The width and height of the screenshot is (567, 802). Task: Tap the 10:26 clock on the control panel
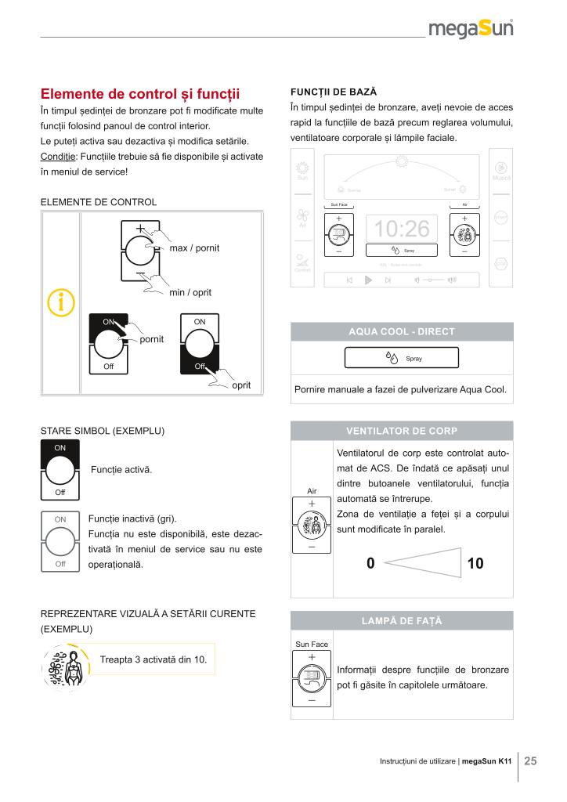point(402,229)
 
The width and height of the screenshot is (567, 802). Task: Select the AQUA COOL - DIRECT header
point(402,331)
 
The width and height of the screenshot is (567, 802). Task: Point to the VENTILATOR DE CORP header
point(402,431)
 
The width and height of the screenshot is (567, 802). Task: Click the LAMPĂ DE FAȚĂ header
point(402,620)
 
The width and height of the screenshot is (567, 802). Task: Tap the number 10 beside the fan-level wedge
point(475,562)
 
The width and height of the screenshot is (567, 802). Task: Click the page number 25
point(530,760)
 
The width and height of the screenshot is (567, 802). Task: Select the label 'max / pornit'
point(194,248)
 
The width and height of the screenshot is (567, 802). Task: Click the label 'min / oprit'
point(190,293)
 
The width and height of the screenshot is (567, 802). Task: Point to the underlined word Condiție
point(58,156)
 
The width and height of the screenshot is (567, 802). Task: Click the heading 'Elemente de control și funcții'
point(139,94)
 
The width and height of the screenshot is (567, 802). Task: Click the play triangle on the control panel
point(367,280)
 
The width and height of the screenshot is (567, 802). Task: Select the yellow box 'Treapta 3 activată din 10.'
point(153,659)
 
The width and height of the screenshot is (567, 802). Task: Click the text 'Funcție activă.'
point(121,470)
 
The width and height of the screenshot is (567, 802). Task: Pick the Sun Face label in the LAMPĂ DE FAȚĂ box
point(311,644)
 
